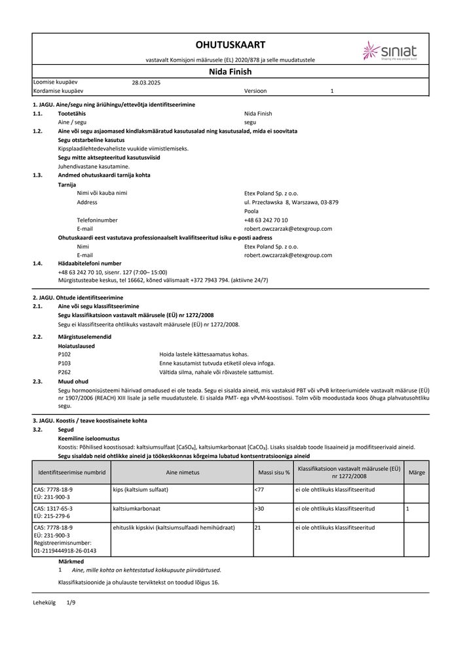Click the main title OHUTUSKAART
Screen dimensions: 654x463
point(231,44)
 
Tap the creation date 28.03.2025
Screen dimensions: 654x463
point(146,83)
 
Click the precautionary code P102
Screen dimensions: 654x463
point(64,354)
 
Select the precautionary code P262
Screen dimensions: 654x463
point(64,371)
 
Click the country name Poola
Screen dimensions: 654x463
point(251,212)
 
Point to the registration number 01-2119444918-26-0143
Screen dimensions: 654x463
point(64,551)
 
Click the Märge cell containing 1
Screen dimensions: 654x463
point(407,508)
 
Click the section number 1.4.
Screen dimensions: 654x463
point(37,263)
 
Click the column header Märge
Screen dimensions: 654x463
point(416,472)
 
